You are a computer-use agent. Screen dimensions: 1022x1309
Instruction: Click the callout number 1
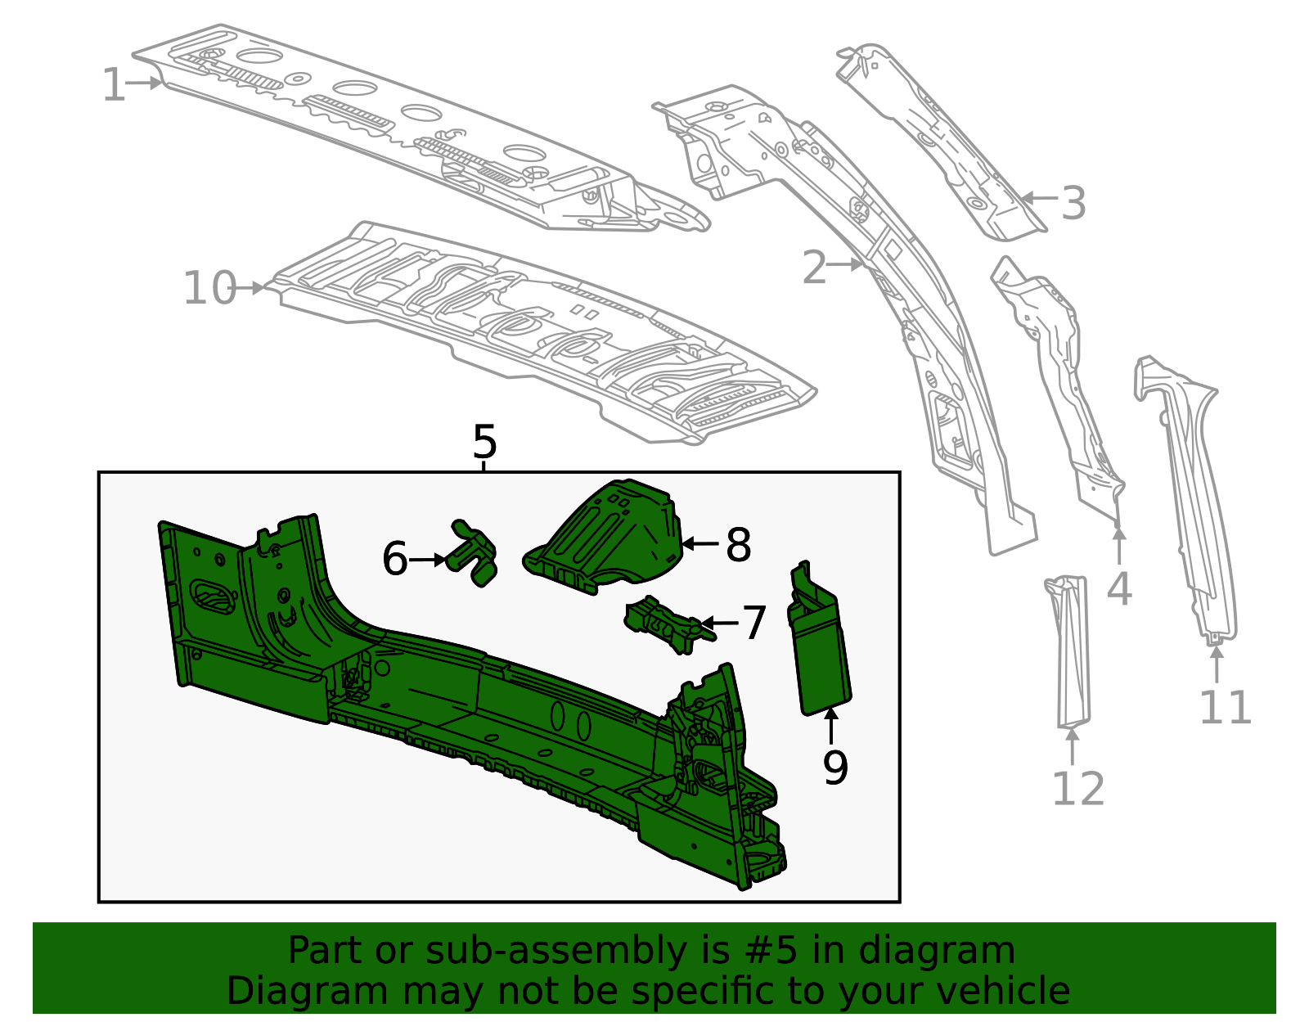click(x=114, y=86)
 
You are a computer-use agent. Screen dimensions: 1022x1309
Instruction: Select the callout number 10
click(x=209, y=288)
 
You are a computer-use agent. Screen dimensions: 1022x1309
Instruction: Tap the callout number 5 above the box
click(x=484, y=443)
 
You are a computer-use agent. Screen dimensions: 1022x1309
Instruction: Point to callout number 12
click(x=1077, y=789)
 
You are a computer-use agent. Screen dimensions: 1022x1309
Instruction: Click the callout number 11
click(x=1225, y=708)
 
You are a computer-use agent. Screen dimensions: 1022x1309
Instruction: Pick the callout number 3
click(x=1073, y=203)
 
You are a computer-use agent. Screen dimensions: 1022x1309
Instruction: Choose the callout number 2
click(x=815, y=268)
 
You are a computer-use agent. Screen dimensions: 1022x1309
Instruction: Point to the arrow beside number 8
click(x=699, y=543)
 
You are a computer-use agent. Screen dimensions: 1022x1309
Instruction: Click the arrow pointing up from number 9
click(x=831, y=727)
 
